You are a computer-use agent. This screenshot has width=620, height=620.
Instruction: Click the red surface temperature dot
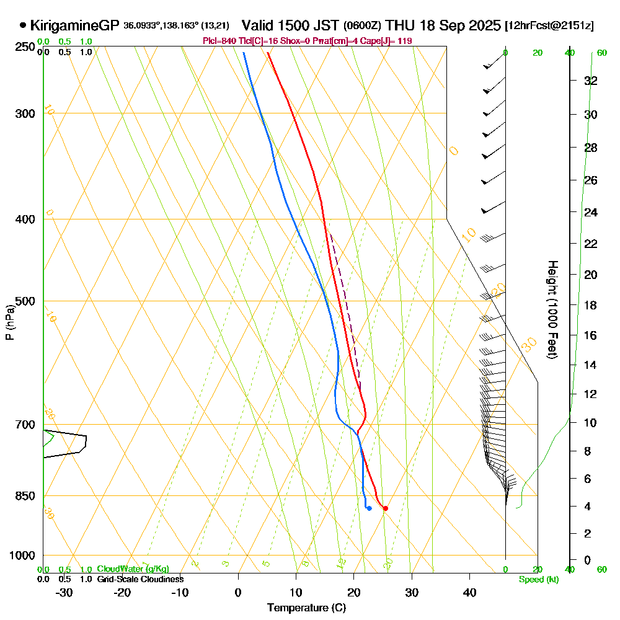click(x=385, y=508)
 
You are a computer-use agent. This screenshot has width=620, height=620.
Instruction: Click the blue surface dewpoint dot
click(x=369, y=508)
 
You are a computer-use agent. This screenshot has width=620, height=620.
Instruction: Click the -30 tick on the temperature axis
click(x=64, y=593)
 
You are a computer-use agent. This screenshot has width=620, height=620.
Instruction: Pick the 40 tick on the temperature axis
click(x=470, y=593)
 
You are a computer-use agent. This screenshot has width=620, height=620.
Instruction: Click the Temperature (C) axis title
click(x=306, y=608)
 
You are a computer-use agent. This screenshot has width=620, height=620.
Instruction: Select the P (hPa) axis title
click(x=10, y=322)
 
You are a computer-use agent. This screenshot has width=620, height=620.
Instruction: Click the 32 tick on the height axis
click(x=591, y=81)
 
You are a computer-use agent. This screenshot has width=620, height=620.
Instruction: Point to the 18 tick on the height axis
click(x=591, y=305)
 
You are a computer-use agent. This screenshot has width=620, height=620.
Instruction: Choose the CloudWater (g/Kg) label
click(x=133, y=569)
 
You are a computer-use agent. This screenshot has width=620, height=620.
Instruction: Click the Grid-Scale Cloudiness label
click(x=139, y=579)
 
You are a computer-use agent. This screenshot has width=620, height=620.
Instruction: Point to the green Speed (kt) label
click(x=536, y=580)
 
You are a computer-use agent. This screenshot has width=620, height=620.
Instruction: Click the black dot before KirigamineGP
click(x=23, y=25)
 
